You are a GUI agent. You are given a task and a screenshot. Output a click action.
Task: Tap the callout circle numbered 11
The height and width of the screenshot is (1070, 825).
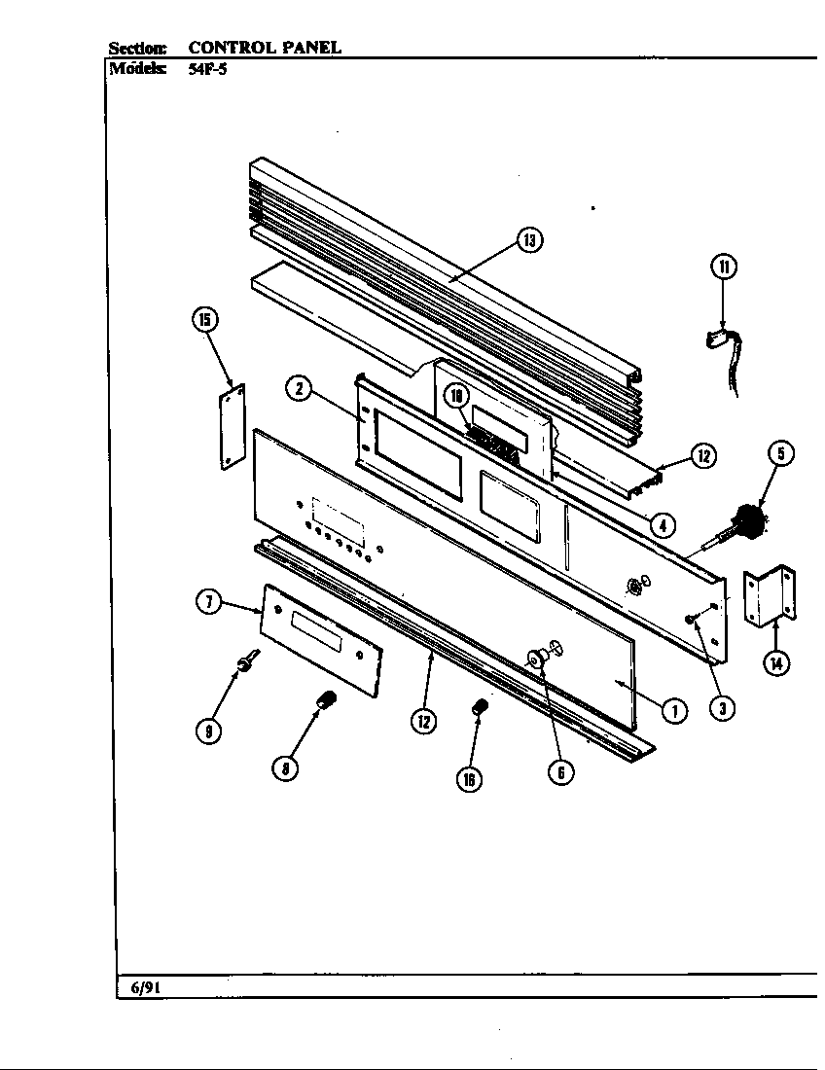coord(724,267)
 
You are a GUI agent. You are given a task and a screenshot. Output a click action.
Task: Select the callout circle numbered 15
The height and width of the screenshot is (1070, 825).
coord(205,320)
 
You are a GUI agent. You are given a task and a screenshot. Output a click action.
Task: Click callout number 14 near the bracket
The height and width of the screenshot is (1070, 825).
coord(775,663)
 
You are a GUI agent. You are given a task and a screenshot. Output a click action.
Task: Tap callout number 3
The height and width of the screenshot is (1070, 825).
coord(720,708)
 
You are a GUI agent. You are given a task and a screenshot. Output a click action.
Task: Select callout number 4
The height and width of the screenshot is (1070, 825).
coord(662,525)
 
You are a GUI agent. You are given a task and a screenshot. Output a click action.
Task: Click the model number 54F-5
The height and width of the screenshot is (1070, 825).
coord(207,69)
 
